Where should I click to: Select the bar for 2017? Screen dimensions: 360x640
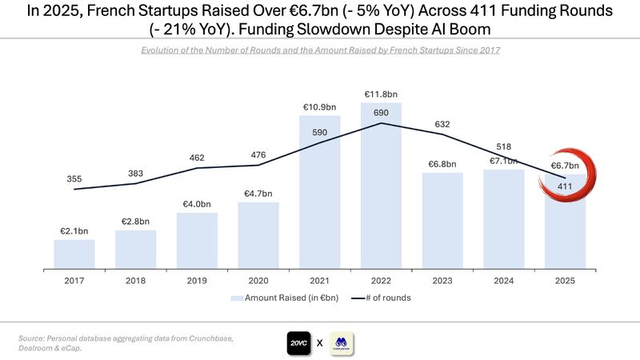click(x=74, y=254)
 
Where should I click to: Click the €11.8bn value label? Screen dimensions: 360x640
click(x=381, y=94)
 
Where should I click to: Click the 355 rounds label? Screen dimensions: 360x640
click(x=74, y=179)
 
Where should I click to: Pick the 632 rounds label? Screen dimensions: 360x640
click(x=442, y=124)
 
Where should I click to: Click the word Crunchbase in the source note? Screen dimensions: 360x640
click(x=206, y=339)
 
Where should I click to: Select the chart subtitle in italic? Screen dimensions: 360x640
click(x=320, y=50)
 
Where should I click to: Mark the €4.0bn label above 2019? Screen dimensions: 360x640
click(x=197, y=203)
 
